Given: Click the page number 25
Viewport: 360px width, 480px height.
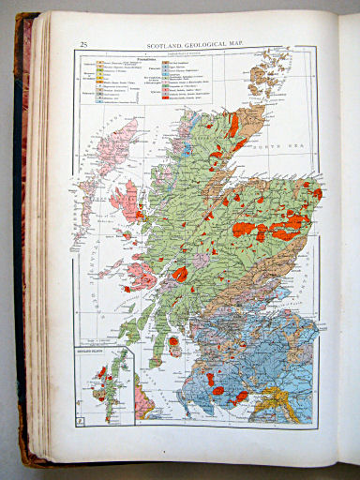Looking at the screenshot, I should coord(84,44).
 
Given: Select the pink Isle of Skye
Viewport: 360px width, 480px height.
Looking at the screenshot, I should coord(126,200).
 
